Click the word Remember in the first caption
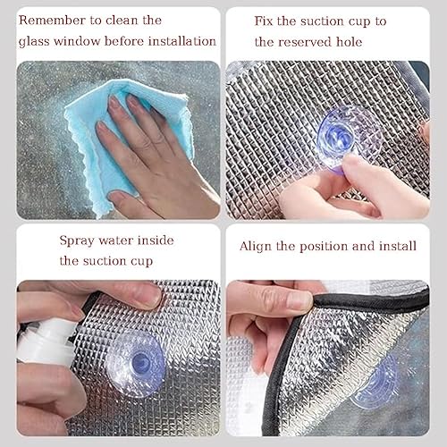coord(52,21)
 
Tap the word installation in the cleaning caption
coord(182,41)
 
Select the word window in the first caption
coord(77,41)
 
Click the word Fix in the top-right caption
coord(264,21)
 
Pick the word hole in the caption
coord(350,42)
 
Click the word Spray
coord(77,240)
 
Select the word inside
coord(156,240)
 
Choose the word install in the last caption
coord(398,246)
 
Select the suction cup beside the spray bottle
coord(136,364)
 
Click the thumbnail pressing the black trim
coord(300,300)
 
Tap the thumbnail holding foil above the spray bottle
coord(150,294)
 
